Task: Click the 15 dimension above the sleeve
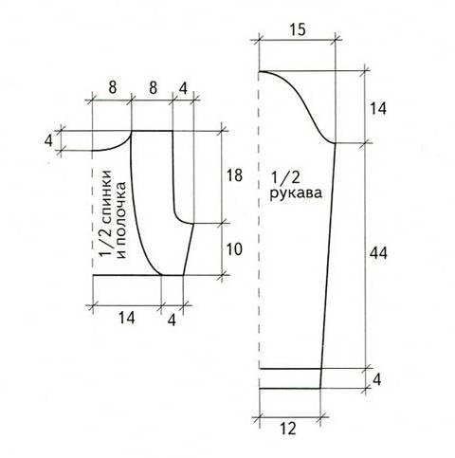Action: [297, 29]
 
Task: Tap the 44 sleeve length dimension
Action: [378, 253]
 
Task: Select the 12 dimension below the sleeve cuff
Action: [288, 429]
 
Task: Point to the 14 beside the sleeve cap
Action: [378, 109]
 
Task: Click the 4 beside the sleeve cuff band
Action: [376, 380]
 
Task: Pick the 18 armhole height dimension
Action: [234, 175]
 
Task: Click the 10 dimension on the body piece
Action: [234, 249]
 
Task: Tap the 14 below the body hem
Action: [127, 318]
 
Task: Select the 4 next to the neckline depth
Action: [48, 140]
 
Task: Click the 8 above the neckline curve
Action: [113, 87]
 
